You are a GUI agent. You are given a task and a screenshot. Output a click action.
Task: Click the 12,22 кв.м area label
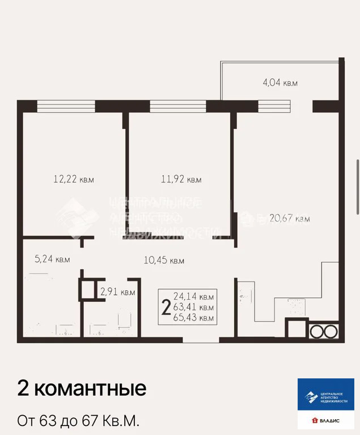[73, 180]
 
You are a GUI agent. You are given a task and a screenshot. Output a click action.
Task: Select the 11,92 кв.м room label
[181, 180]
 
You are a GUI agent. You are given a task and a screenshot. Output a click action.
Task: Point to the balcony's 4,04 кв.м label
[280, 83]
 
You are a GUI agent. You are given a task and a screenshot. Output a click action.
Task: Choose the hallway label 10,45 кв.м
[164, 261]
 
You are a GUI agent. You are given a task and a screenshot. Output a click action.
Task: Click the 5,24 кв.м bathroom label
[52, 259]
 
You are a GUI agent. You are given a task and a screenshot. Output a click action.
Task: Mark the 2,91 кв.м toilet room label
[117, 292]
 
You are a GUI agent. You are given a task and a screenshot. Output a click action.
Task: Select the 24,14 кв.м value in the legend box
[193, 296]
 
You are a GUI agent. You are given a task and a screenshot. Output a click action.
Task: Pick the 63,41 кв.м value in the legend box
[193, 308]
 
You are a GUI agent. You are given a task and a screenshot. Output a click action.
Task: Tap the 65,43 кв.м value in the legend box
[193, 318]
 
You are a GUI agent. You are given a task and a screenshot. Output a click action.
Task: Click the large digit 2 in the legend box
[166, 308]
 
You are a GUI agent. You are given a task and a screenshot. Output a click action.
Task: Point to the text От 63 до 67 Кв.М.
[78, 421]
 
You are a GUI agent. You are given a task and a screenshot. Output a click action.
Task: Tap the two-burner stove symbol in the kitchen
[323, 330]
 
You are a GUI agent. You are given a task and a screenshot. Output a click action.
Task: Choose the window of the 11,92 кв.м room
[177, 106]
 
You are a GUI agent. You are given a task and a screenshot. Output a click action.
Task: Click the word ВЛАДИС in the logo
[334, 420]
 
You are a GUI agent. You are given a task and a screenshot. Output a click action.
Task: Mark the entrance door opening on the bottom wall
[201, 340]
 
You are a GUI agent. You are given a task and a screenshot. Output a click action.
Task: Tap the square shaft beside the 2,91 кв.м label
[88, 290]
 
